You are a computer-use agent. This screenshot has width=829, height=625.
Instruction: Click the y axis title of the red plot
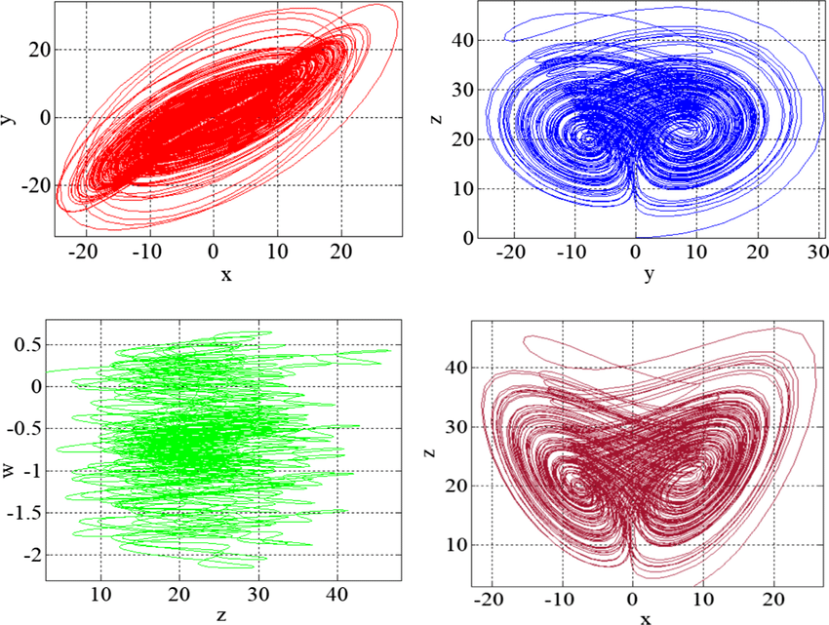[8, 116]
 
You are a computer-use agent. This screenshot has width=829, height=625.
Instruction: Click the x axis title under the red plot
[226, 275]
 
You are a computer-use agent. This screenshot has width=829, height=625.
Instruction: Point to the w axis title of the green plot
[9, 472]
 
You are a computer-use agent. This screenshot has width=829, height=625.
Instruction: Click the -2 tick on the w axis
[34, 554]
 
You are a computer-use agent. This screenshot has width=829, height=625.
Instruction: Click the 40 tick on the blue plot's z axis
[462, 41]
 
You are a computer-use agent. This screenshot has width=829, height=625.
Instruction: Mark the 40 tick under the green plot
[336, 594]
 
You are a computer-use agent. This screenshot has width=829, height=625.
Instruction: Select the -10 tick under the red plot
[149, 253]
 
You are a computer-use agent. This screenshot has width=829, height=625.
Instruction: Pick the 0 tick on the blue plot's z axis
[469, 238]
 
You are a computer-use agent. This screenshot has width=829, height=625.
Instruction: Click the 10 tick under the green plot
[100, 594]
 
